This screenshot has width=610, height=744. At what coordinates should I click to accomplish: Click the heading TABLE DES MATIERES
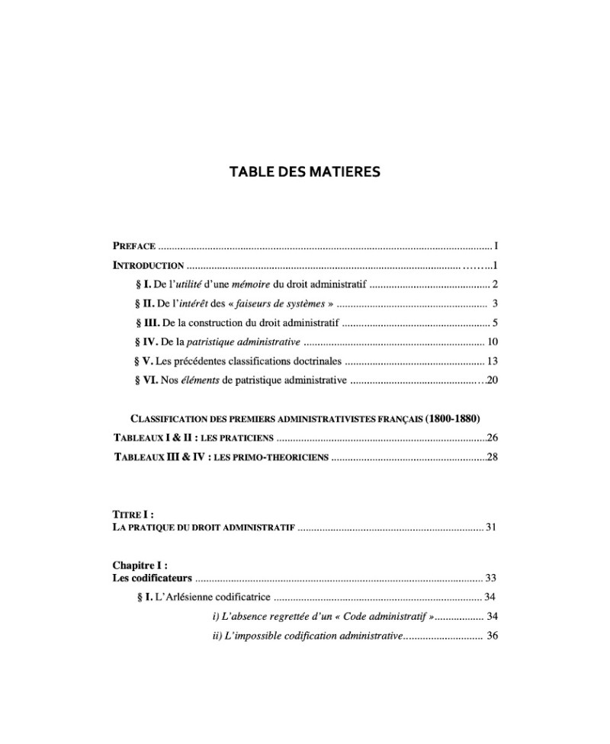click(305, 172)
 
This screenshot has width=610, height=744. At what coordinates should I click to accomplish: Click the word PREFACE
click(134, 246)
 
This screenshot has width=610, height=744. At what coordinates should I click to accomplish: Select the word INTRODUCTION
click(148, 266)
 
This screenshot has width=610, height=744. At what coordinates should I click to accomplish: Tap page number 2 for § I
click(494, 285)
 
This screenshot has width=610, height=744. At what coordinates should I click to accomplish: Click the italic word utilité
click(185, 285)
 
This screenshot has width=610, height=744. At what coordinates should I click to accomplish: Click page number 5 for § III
click(494, 323)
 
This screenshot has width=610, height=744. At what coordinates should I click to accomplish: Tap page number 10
click(492, 342)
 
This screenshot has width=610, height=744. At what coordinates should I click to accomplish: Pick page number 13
click(492, 361)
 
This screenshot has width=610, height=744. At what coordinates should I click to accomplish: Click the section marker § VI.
click(145, 380)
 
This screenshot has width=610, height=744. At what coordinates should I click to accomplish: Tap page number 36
click(492, 636)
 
